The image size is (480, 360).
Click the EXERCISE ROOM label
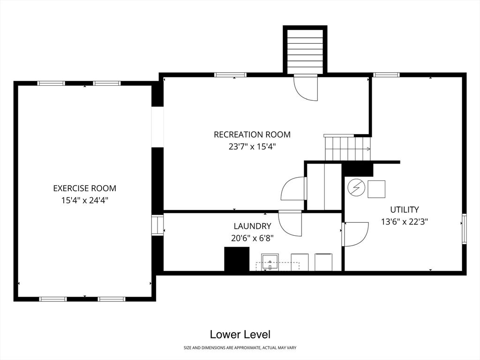(x=85, y=188)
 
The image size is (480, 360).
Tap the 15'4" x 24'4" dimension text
(x=85, y=201)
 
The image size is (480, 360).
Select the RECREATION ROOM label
(x=252, y=135)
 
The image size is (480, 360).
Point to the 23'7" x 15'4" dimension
(x=252, y=147)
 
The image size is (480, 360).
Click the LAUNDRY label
(x=252, y=226)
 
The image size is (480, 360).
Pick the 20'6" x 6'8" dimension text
(x=252, y=238)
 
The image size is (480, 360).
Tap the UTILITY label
(x=405, y=210)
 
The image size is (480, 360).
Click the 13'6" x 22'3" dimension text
(x=405, y=222)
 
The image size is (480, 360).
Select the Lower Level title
(x=240, y=334)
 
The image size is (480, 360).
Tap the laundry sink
(x=270, y=262)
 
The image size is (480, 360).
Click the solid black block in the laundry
(x=237, y=259)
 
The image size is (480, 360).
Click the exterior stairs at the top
(x=305, y=50)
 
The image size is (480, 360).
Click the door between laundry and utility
(x=355, y=234)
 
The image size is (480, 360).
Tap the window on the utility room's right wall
(x=464, y=229)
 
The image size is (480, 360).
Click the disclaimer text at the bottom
(x=240, y=348)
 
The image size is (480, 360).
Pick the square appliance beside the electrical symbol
(x=376, y=189)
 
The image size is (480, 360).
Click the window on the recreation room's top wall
(x=230, y=75)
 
